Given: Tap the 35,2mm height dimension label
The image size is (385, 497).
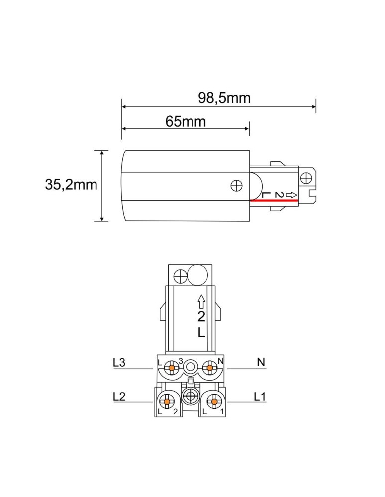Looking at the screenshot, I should [71, 185].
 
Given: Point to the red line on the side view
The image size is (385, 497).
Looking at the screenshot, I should [274, 200].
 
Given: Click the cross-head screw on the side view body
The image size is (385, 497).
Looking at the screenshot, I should [237, 185].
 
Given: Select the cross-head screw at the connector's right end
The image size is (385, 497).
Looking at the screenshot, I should [307, 177].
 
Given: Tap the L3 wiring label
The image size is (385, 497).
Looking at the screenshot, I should [119, 363].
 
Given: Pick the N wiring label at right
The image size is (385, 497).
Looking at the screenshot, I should [261, 363].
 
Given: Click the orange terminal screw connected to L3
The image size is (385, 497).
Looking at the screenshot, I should [172, 368].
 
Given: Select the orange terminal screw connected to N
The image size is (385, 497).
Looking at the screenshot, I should [210, 368].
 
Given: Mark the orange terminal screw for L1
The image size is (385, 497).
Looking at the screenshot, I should [214, 401].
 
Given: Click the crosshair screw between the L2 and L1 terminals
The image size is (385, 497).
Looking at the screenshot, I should [191, 398].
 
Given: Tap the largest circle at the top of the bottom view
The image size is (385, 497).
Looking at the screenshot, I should [198, 275].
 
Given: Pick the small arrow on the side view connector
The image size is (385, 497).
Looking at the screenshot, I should [292, 194].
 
